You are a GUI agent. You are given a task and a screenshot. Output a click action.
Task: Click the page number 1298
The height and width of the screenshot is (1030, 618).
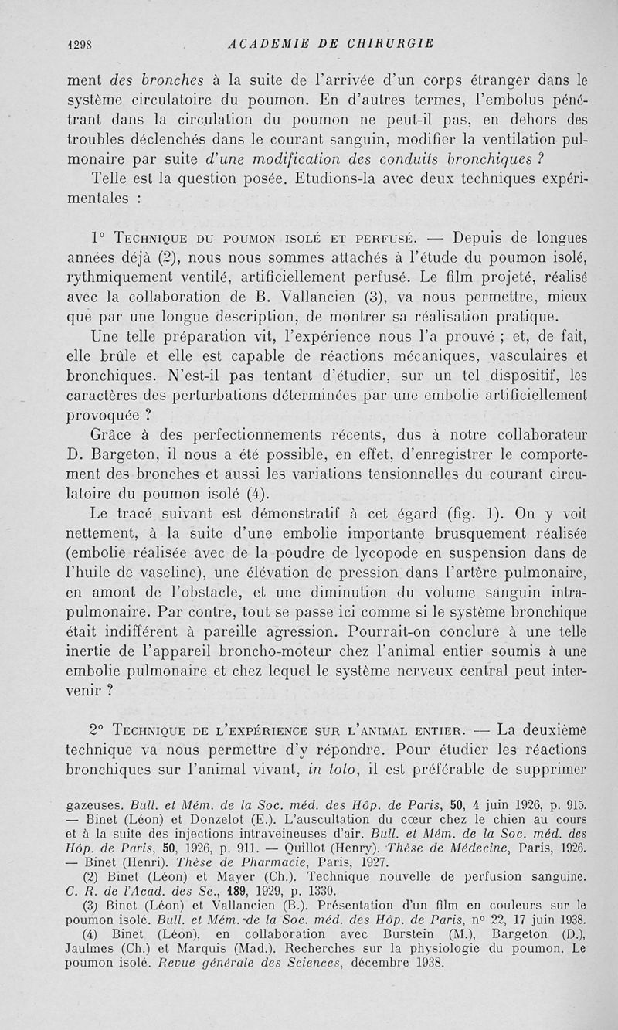point(80,44)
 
